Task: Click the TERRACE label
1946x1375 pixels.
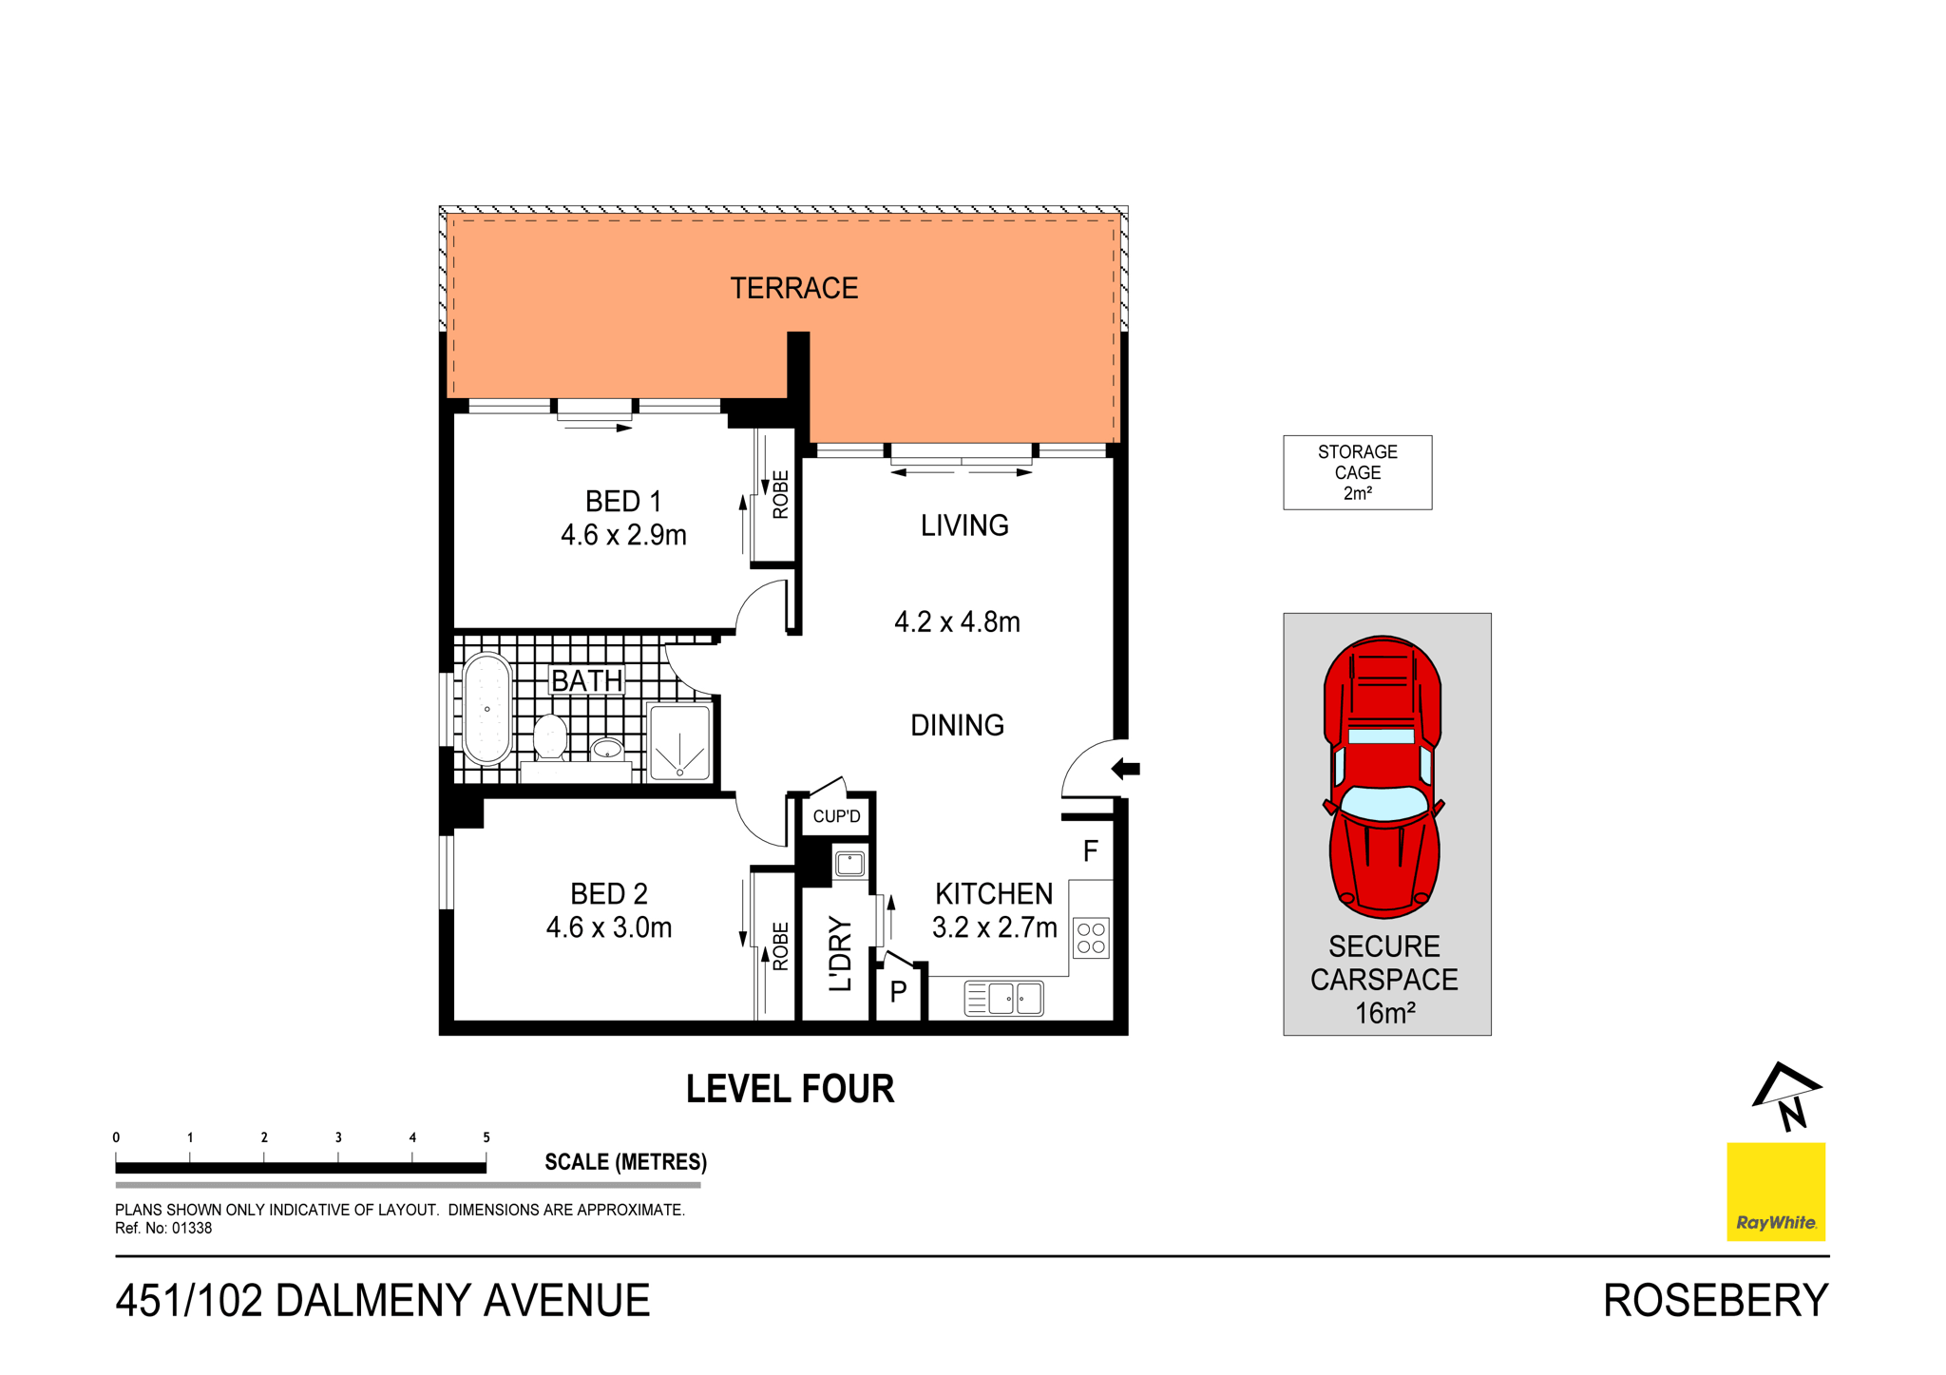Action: pyautogui.click(x=793, y=288)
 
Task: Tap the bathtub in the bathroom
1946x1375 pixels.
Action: pyautogui.click(x=487, y=709)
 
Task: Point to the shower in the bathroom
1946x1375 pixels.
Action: pyautogui.click(x=679, y=742)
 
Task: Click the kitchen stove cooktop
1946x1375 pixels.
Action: pyautogui.click(x=1091, y=938)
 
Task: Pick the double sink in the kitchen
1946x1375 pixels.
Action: pyautogui.click(x=1004, y=999)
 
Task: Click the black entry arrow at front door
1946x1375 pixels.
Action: pyautogui.click(x=1126, y=769)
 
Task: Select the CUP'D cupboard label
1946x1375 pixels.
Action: pyautogui.click(x=836, y=816)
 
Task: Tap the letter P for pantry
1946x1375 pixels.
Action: pyautogui.click(x=898, y=993)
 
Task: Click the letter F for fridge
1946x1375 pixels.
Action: pyautogui.click(x=1091, y=850)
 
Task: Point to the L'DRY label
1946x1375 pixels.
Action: pyautogui.click(x=840, y=953)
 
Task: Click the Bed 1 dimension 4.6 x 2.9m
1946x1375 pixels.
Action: pyautogui.click(x=623, y=536)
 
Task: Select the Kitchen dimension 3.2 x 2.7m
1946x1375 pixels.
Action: pyautogui.click(x=994, y=927)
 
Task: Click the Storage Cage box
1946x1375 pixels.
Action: pyautogui.click(x=1357, y=472)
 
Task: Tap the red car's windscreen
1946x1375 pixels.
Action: pyautogui.click(x=1383, y=804)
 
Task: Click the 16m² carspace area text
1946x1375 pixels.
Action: pyautogui.click(x=1384, y=1013)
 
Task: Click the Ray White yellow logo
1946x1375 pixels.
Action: pyautogui.click(x=1775, y=1191)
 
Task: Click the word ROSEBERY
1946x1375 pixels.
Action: pyautogui.click(x=1715, y=1301)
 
